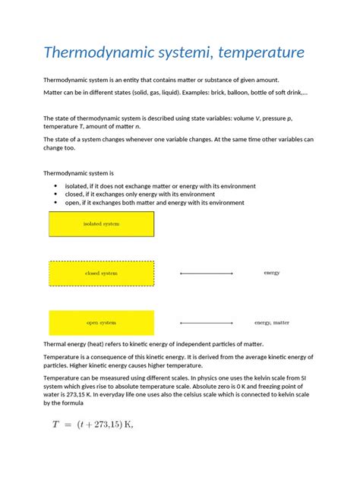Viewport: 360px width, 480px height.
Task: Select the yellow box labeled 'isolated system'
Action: pyautogui.click(x=101, y=224)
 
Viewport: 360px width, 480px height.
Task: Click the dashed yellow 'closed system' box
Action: pyautogui.click(x=101, y=273)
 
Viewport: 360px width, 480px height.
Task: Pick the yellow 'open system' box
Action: pyautogui.click(x=101, y=323)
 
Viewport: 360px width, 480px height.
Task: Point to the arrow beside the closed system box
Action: pyautogui.click(x=207, y=273)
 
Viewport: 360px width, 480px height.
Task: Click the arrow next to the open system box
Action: pyautogui.click(x=207, y=323)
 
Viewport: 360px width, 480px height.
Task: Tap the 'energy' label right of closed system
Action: pyautogui.click(x=272, y=273)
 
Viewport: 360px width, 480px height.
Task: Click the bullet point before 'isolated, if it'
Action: pyautogui.click(x=57, y=186)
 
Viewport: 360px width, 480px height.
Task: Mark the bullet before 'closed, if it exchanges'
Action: pyautogui.click(x=57, y=194)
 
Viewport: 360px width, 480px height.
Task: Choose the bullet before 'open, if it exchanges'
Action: pyautogui.click(x=57, y=203)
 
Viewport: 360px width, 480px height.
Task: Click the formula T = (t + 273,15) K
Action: pyautogui.click(x=92, y=425)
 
